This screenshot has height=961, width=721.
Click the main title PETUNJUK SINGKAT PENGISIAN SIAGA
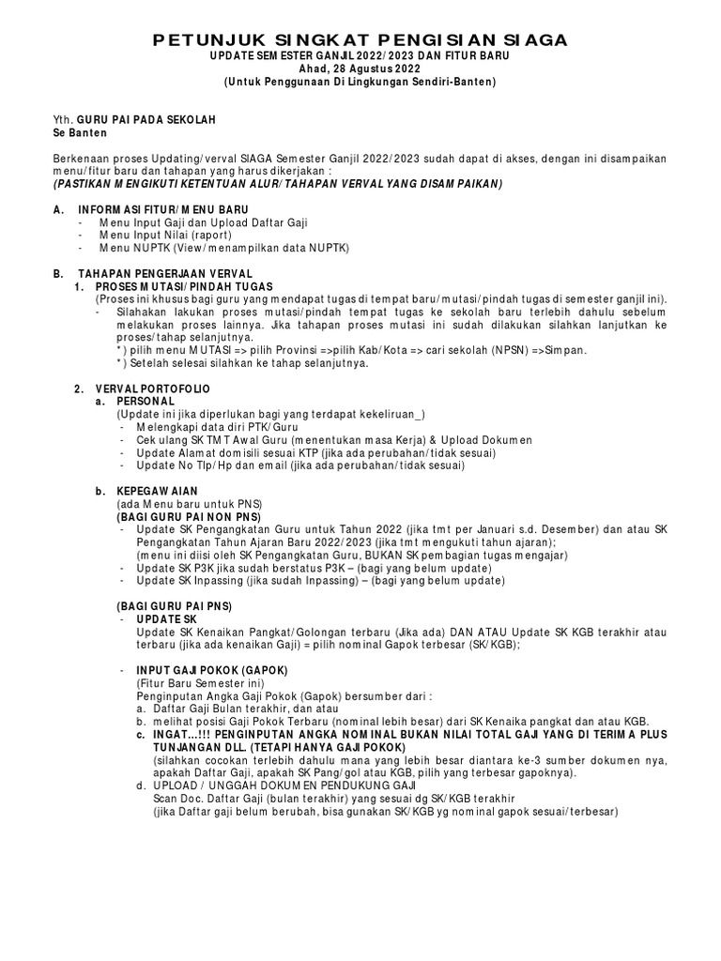point(360,40)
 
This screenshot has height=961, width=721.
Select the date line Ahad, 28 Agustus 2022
point(360,69)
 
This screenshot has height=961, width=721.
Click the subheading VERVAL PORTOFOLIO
point(153,388)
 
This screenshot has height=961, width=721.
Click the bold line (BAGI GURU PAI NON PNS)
point(188,516)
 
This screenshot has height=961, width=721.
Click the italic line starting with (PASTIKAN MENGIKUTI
point(278,184)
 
